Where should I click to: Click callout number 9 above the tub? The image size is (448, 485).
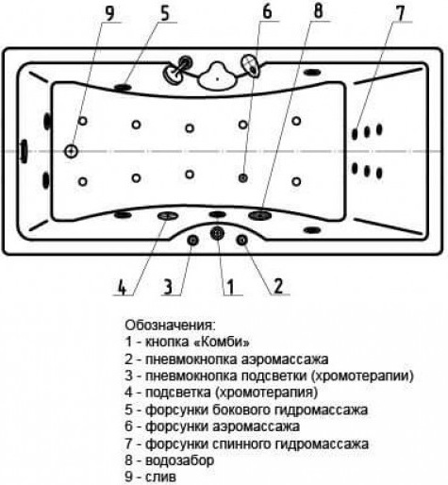[109, 13]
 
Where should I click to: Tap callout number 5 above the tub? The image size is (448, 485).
[165, 13]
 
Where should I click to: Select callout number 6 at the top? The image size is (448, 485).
[267, 12]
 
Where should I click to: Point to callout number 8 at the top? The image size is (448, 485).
[318, 11]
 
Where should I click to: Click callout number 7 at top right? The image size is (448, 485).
[399, 13]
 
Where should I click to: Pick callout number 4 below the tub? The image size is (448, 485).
[123, 287]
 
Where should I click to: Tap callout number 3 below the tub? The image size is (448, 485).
[169, 287]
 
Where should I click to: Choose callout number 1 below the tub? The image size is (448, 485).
[231, 287]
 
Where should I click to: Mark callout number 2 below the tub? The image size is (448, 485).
[278, 287]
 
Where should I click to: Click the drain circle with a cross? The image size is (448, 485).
[72, 151]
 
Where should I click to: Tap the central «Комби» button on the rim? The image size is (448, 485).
[217, 233]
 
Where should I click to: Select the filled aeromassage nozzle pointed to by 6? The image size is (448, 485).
[242, 178]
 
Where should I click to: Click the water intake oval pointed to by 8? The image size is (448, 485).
[259, 215]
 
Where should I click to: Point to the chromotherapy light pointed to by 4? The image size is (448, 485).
[168, 215]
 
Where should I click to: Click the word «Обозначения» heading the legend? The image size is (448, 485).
[168, 326]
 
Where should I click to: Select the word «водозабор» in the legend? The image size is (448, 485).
[180, 460]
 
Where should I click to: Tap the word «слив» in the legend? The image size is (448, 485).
[160, 477]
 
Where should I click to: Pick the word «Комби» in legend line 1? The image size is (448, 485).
[222, 342]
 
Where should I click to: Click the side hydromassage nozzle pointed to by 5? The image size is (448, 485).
[123, 87]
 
